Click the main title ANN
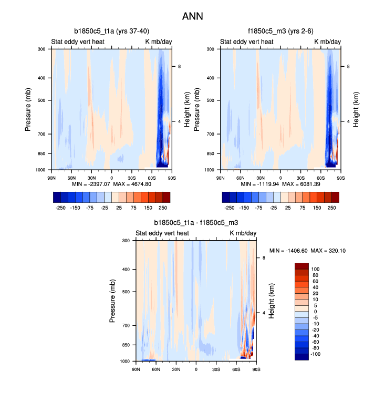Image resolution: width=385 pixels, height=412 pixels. point(192,16)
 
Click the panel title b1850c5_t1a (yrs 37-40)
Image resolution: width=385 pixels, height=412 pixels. point(115,32)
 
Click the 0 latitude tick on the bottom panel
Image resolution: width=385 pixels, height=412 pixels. point(196,369)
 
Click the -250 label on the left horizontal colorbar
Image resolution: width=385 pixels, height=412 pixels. point(60,208)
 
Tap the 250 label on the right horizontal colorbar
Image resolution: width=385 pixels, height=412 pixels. point(332,208)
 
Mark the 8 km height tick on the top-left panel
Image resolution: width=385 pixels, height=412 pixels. point(179,66)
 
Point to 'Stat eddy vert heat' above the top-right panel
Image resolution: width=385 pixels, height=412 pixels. point(246,42)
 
